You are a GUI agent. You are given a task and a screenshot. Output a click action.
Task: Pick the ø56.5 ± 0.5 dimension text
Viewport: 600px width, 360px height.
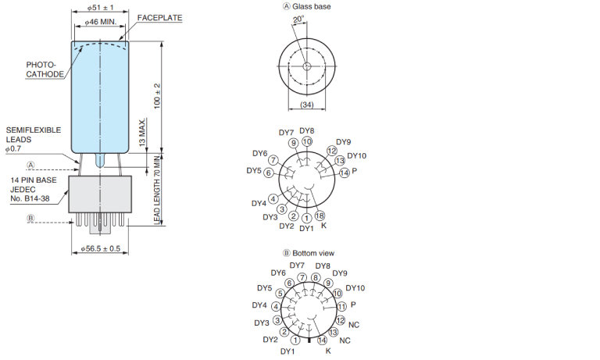(x=102, y=248)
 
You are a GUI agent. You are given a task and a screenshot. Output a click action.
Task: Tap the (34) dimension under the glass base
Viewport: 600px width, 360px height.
(x=306, y=105)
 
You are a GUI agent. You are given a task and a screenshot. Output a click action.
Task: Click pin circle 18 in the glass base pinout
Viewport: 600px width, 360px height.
(x=320, y=216)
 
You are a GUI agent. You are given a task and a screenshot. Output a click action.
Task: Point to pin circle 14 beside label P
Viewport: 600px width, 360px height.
(x=343, y=173)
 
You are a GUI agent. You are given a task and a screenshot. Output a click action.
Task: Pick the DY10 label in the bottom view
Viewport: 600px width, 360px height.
(x=355, y=288)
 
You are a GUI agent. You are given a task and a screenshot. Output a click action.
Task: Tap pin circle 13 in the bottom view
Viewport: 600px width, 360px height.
(x=334, y=333)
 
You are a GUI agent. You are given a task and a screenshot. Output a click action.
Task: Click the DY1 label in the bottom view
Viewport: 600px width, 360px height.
(x=288, y=351)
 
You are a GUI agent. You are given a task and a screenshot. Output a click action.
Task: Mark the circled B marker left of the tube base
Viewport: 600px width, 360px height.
(x=31, y=219)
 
